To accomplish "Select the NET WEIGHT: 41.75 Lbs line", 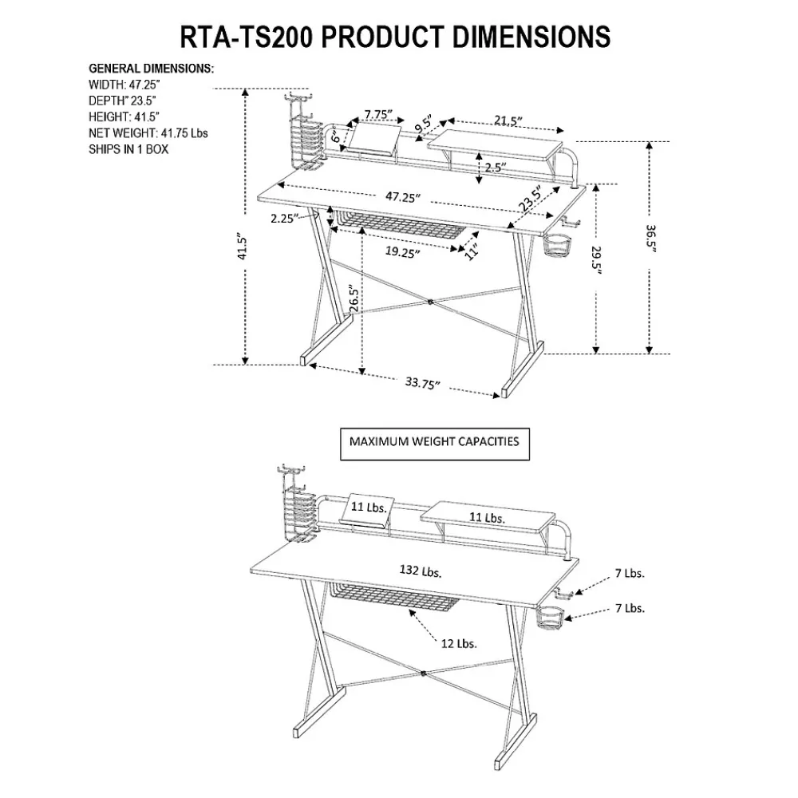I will click(148, 133).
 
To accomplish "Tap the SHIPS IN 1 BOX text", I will click(128, 149).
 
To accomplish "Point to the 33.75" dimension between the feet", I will click(422, 384).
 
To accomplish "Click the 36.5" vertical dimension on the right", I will click(651, 239).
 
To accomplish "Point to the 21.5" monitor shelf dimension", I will click(508, 121).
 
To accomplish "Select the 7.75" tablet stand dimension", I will click(379, 114).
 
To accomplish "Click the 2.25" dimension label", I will click(284, 218).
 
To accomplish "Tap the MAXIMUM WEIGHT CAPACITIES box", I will click(434, 441).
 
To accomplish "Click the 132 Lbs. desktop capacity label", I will click(421, 571).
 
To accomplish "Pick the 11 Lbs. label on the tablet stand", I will click(369, 507).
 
